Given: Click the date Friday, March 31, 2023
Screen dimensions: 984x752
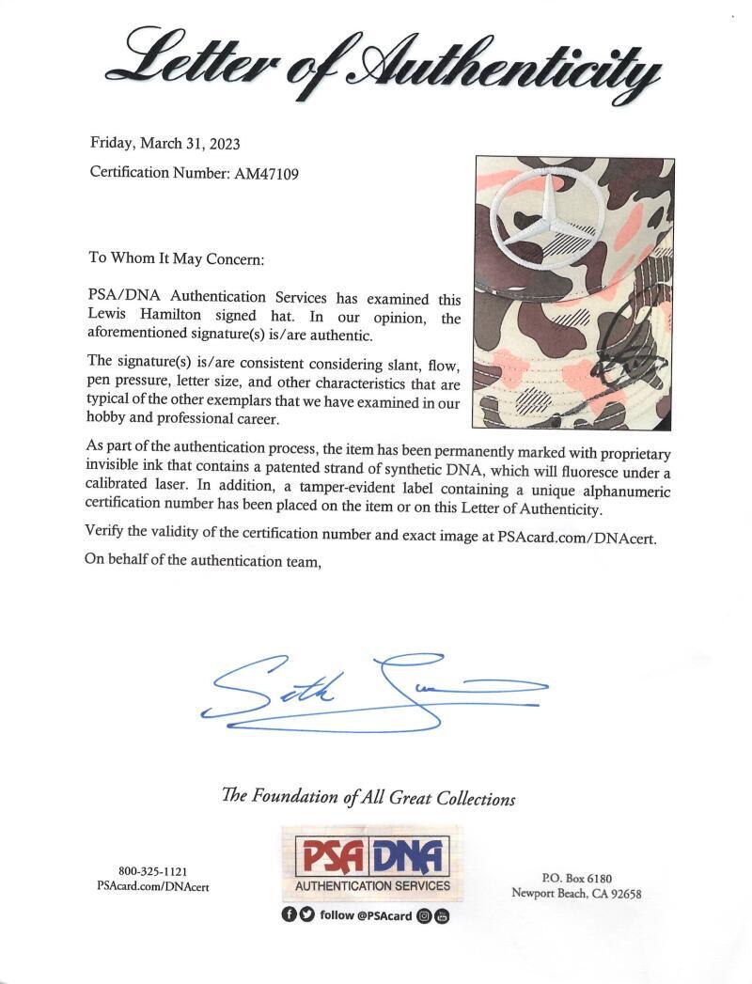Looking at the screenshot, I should pyautogui.click(x=164, y=144).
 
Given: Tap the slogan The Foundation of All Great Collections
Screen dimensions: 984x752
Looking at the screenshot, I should pyautogui.click(x=368, y=798).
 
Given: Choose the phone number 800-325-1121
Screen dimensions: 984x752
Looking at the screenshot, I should pyautogui.click(x=147, y=871).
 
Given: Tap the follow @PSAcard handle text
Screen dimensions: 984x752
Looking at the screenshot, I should pyautogui.click(x=366, y=915).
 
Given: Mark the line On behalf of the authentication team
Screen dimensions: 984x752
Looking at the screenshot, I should pyautogui.click(x=204, y=561).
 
